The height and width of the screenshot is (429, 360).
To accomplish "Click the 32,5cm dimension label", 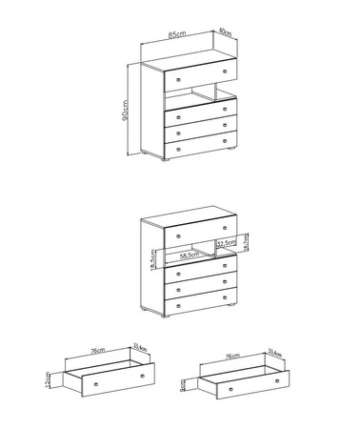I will (227, 244).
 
